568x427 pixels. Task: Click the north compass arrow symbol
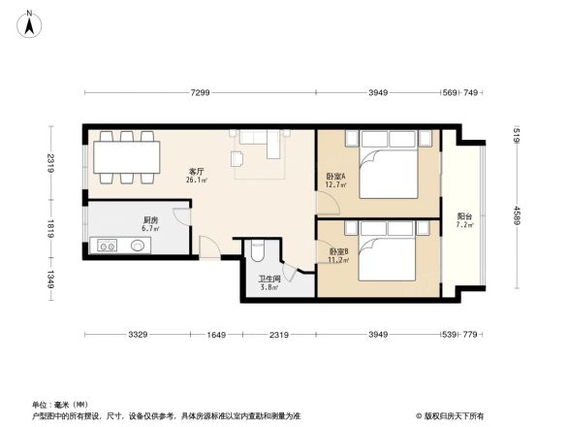pyautogui.click(x=30, y=22)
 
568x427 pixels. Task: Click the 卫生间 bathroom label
pyautogui.click(x=268, y=281)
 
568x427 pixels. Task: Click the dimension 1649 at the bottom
pyautogui.click(x=216, y=335)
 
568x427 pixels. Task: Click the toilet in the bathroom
pyautogui.click(x=256, y=252)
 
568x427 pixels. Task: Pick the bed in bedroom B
pyautogui.click(x=388, y=252)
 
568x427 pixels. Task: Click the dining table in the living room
pyautogui.click(x=124, y=157)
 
